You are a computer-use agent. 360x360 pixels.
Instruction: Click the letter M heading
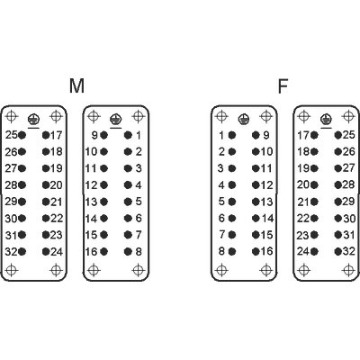pos(76,85)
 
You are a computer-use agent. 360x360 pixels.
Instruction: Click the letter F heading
pos(283,85)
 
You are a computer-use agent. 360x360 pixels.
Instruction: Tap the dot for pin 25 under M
pos(22,135)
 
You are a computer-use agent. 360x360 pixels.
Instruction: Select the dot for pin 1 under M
pos(128,135)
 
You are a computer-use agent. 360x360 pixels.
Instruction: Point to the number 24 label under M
pos(57,252)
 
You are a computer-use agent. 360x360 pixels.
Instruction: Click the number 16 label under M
pos(91,252)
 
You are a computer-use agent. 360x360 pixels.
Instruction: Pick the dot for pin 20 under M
pos(46,184)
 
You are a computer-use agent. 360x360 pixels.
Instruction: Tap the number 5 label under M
pos(139,202)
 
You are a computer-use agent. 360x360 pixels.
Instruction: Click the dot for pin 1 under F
pos(232,135)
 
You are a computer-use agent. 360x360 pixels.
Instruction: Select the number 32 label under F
pos(349,251)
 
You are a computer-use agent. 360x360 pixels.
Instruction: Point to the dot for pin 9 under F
pos(256,135)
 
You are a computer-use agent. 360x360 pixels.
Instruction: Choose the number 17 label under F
pos(303,135)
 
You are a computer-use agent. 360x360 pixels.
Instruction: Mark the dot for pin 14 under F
pos(256,218)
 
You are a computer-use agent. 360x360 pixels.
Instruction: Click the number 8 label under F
pos(221,251)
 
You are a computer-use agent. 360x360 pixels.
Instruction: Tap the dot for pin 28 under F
pos(338,184)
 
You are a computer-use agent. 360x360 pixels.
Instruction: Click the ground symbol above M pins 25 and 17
pos(33,120)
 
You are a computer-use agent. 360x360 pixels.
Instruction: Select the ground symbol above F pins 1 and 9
pos(244,120)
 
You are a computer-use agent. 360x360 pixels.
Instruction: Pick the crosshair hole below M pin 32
pos(12,270)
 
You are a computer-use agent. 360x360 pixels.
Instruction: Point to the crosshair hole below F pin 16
pos(266,270)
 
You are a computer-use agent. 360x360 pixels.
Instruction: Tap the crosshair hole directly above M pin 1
pos(138,116)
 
